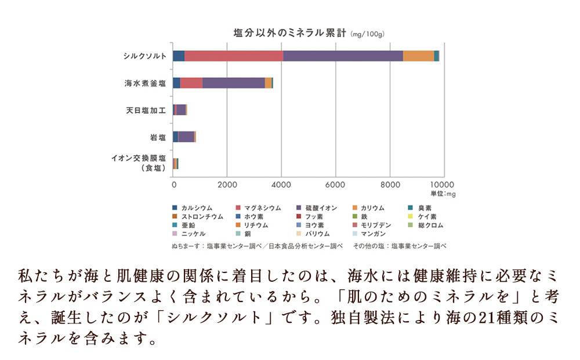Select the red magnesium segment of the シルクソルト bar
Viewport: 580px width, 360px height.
233,56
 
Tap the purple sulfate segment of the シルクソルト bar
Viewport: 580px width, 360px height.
342,56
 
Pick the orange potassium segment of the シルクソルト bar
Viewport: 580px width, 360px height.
418,56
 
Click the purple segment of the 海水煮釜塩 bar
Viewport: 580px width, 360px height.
233,83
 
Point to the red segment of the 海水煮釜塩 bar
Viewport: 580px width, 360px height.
191,83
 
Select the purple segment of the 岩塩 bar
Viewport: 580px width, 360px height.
186,137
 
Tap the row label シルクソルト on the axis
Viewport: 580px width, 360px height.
145,56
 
